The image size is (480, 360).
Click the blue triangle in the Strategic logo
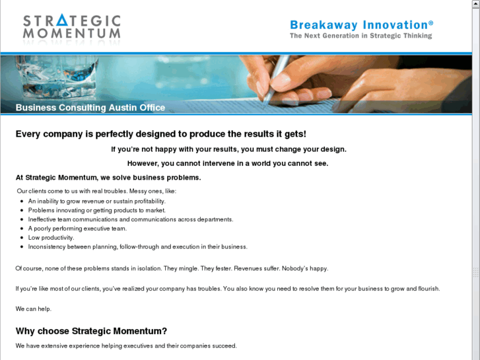[62, 20]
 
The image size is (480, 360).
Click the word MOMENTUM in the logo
[71, 34]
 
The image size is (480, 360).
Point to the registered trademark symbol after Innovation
[430, 22]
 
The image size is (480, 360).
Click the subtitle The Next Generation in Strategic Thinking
[361, 36]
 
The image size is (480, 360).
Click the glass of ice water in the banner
[57, 77]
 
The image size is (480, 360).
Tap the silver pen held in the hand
[276, 81]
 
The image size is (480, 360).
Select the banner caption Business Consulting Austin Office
[90, 108]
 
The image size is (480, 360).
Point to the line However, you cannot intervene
[228, 163]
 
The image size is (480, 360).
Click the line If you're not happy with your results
[228, 149]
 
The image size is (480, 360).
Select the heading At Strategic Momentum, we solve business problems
[108, 178]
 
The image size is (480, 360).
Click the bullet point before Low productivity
[22, 238]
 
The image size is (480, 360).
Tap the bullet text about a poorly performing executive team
[77, 229]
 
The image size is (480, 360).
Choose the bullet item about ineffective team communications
[131, 219]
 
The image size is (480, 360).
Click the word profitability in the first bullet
[150, 201]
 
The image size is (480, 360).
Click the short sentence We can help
[34, 309]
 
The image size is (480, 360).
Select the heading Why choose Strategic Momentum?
[91, 331]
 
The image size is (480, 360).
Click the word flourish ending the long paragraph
[429, 289]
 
